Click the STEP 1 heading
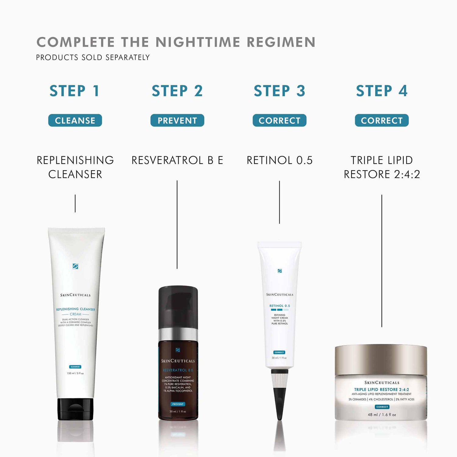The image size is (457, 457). (75, 91)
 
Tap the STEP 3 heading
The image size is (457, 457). (279, 91)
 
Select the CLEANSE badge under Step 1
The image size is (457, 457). (75, 120)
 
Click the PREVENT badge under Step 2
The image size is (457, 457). (177, 120)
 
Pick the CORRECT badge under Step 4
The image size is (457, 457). (382, 120)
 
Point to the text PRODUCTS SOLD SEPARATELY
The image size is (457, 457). (93, 57)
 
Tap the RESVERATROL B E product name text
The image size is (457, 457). (177, 160)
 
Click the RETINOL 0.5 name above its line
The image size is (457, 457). (279, 160)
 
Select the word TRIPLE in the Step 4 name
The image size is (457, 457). (367, 160)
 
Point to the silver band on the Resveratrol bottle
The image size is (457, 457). (178, 334)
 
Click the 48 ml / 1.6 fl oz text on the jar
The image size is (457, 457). (382, 415)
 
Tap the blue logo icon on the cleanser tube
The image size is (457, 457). (76, 266)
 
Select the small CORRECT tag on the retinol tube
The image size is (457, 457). (279, 352)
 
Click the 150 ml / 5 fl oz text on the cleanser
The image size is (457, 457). (75, 373)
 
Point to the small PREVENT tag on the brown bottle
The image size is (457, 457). (178, 404)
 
